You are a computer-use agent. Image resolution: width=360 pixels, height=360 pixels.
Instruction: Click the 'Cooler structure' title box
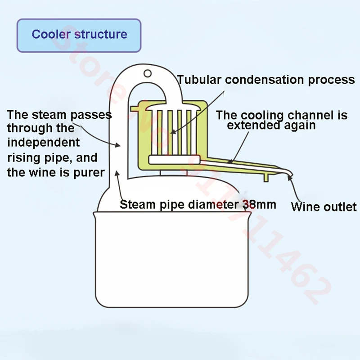pos(79,35)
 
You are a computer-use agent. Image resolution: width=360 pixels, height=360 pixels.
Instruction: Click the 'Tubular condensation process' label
pos(266,80)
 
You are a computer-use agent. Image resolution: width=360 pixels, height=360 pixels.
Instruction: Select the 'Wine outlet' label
pos(324,207)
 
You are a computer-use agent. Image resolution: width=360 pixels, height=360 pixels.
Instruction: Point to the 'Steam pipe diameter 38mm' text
pos(198,204)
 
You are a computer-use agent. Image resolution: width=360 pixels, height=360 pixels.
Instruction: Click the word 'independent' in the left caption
pos(43,143)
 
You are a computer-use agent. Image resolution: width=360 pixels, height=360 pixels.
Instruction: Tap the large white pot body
pos(171,261)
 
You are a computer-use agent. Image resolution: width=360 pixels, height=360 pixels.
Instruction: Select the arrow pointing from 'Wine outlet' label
pos(295,189)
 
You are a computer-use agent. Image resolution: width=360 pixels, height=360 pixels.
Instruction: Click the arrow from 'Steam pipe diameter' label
pos(118,184)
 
